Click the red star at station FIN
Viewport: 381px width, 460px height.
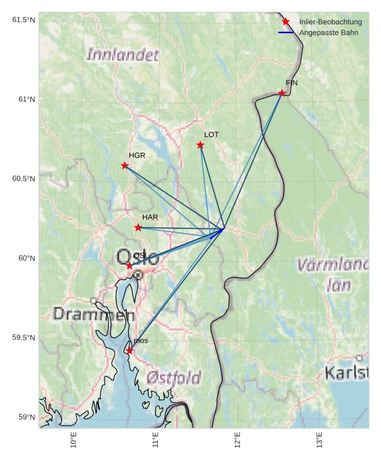(x=282, y=93)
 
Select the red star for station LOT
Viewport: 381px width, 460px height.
(x=200, y=145)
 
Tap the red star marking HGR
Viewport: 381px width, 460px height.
(x=125, y=165)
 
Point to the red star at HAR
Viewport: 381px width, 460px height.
(x=138, y=228)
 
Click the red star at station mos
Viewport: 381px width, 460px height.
(x=129, y=351)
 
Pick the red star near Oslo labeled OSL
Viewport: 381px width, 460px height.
(x=129, y=265)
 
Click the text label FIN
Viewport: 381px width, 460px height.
(x=291, y=83)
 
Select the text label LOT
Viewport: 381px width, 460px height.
(x=211, y=135)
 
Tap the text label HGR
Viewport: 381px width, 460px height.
(x=137, y=155)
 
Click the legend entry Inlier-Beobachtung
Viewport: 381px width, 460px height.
(x=330, y=22)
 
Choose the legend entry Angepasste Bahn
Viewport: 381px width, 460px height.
(x=329, y=32)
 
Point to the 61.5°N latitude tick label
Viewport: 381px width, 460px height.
(x=24, y=20)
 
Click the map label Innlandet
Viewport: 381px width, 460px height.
(x=123, y=55)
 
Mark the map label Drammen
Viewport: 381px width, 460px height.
(x=94, y=314)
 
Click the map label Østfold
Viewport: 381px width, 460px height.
(x=174, y=378)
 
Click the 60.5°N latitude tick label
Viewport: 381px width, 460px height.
(x=24, y=178)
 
